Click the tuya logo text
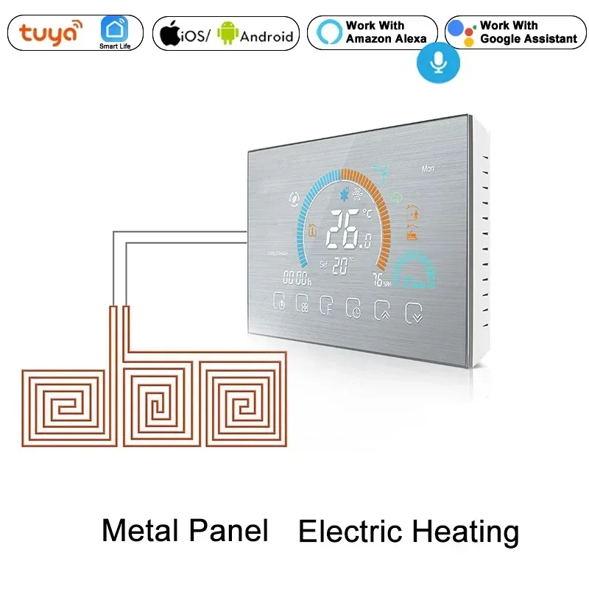click(50, 34)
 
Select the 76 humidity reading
click(378, 280)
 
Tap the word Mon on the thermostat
click(428, 169)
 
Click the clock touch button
click(353, 309)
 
